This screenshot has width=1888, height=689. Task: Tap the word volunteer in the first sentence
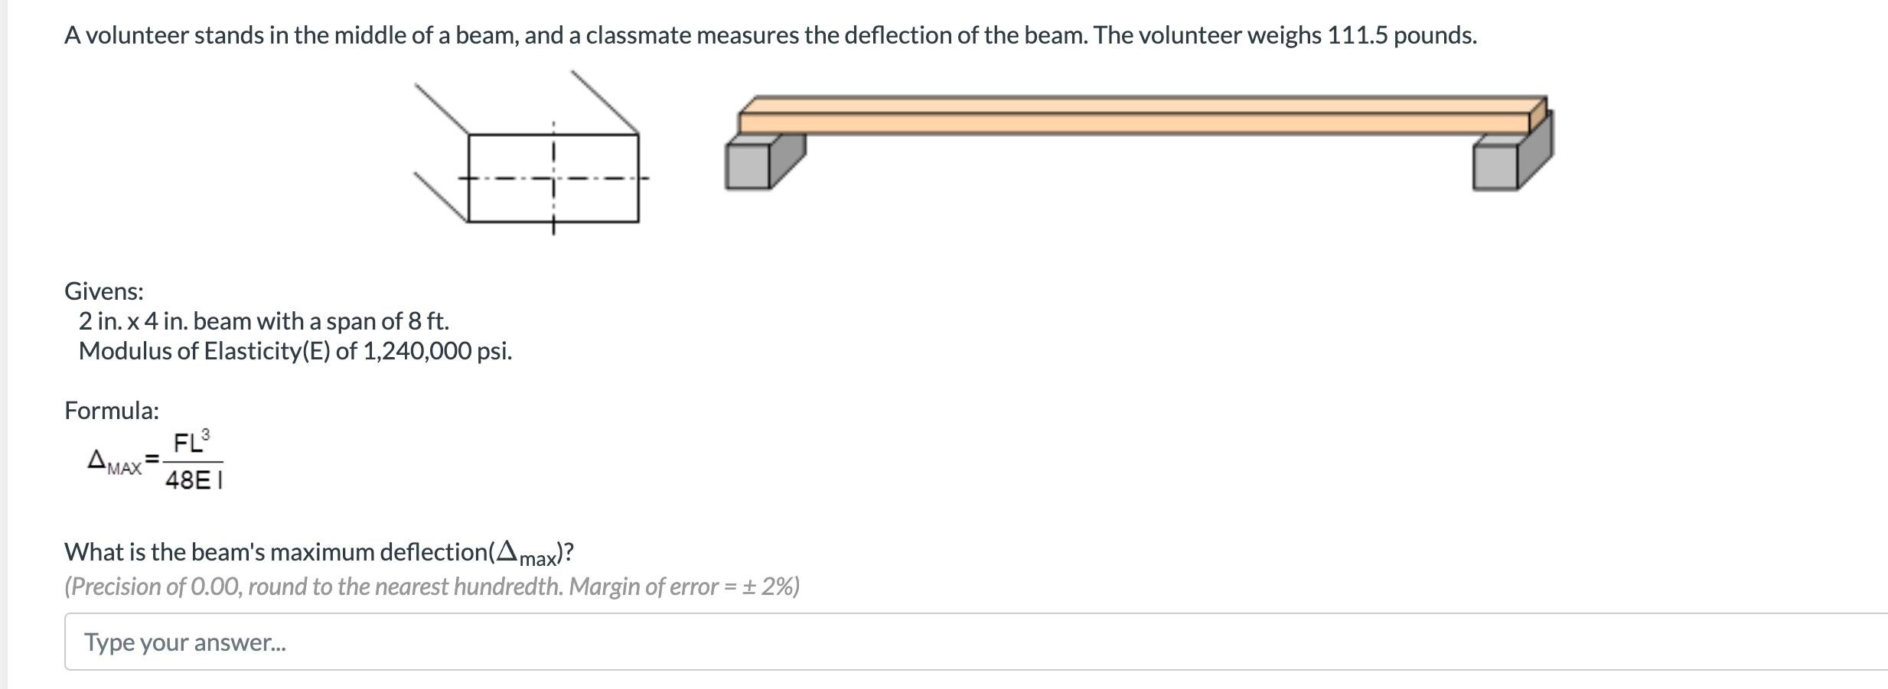click(x=136, y=36)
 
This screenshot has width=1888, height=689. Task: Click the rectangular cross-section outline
click(x=553, y=178)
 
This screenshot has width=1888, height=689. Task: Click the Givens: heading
click(x=104, y=291)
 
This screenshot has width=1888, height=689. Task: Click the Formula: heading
click(x=112, y=411)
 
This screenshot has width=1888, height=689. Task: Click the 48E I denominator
click(x=194, y=480)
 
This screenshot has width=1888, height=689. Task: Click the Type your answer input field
click(x=918, y=642)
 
